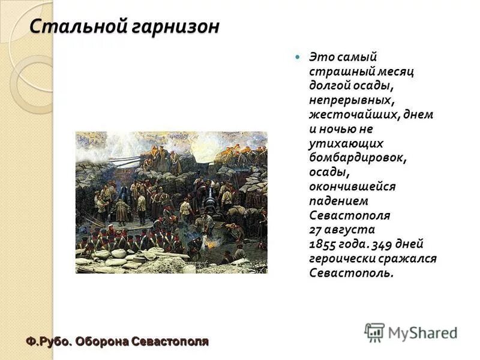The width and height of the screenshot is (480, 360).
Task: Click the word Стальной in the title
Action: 72,26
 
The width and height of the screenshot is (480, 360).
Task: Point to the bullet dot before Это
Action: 296,57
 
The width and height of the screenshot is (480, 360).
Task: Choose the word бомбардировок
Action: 358,157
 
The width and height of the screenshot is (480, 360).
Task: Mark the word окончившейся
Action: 352,186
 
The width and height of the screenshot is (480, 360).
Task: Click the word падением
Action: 339,200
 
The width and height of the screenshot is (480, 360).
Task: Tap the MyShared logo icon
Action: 374,332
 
